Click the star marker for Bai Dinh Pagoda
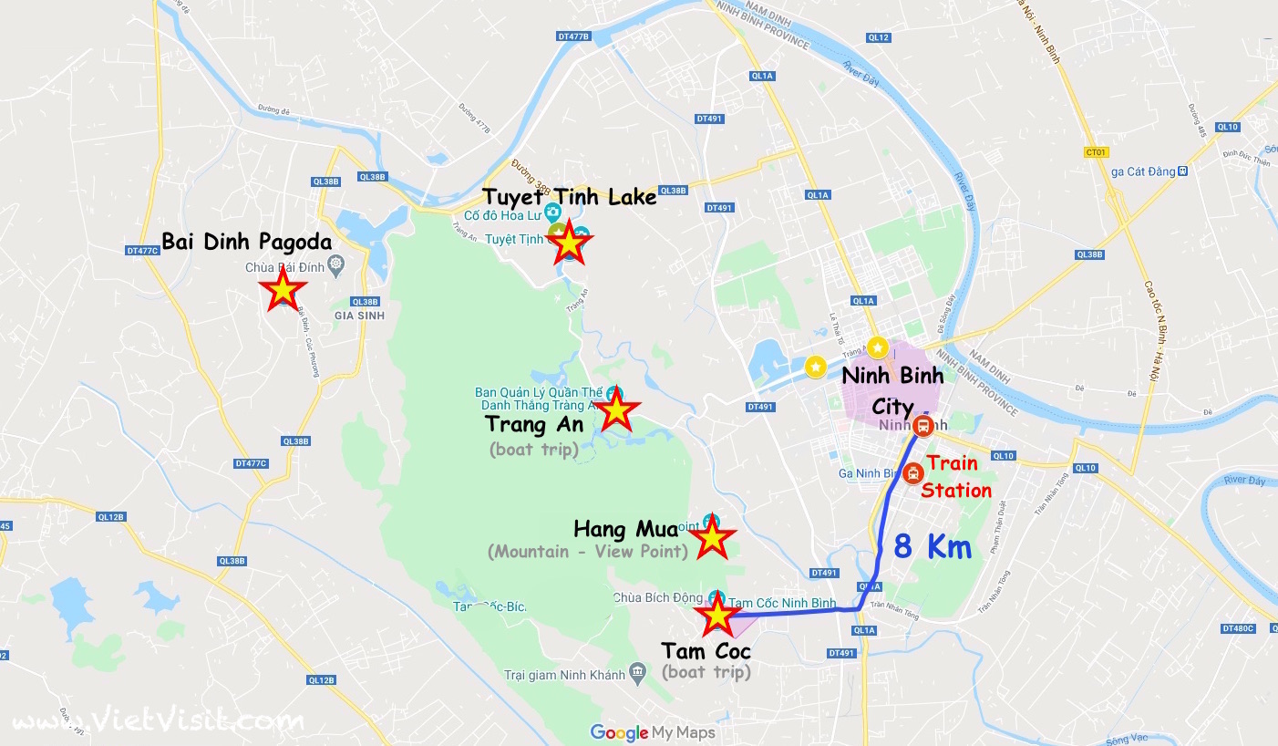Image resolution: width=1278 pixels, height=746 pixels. pos(283,290)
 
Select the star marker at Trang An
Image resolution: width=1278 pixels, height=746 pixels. pos(617,411)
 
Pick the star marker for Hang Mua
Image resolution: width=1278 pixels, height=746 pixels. pos(712,540)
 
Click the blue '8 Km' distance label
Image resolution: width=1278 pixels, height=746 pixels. pos(933,546)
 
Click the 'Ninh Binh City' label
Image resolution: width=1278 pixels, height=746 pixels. pos(892,389)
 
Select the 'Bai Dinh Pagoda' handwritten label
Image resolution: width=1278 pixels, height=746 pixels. pos(246,242)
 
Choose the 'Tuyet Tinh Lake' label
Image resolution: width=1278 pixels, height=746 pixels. pos(570,196)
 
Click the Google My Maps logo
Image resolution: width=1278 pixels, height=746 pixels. pos(653,731)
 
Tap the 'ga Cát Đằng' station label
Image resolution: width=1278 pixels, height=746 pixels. pos(1137,171)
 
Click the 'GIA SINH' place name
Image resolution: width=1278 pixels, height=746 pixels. pos(360,316)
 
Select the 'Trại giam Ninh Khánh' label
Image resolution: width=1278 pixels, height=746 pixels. pos(565,676)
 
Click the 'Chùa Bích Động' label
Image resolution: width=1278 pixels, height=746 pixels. pos(658,598)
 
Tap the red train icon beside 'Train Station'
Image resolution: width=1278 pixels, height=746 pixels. pos(912,473)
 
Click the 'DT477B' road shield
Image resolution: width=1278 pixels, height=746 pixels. pos(574,36)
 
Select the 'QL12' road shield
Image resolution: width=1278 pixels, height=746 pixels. pos(878,37)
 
